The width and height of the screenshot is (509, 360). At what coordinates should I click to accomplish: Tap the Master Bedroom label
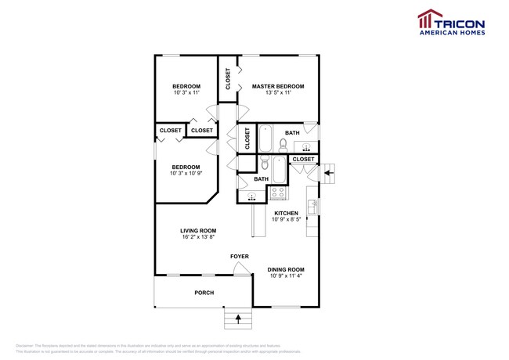(x=277, y=86)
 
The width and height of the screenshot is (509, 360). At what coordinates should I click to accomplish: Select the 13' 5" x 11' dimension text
(x=277, y=93)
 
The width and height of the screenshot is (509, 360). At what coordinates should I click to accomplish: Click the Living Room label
(x=198, y=230)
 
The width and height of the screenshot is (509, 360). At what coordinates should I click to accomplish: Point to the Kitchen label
(x=286, y=213)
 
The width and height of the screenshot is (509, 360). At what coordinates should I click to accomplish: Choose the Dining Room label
(x=286, y=269)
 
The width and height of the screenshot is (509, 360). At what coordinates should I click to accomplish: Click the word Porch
(x=204, y=293)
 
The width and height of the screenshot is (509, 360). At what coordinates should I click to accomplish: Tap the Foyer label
(x=239, y=257)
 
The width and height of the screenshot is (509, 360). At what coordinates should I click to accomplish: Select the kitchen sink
(x=312, y=207)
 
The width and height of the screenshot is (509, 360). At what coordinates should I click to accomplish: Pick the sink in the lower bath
(x=251, y=196)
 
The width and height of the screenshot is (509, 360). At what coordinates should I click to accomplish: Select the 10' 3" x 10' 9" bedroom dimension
(x=186, y=174)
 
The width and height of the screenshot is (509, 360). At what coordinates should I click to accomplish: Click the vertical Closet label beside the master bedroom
(x=228, y=80)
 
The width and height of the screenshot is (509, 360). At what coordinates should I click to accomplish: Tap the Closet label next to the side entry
(x=302, y=160)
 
